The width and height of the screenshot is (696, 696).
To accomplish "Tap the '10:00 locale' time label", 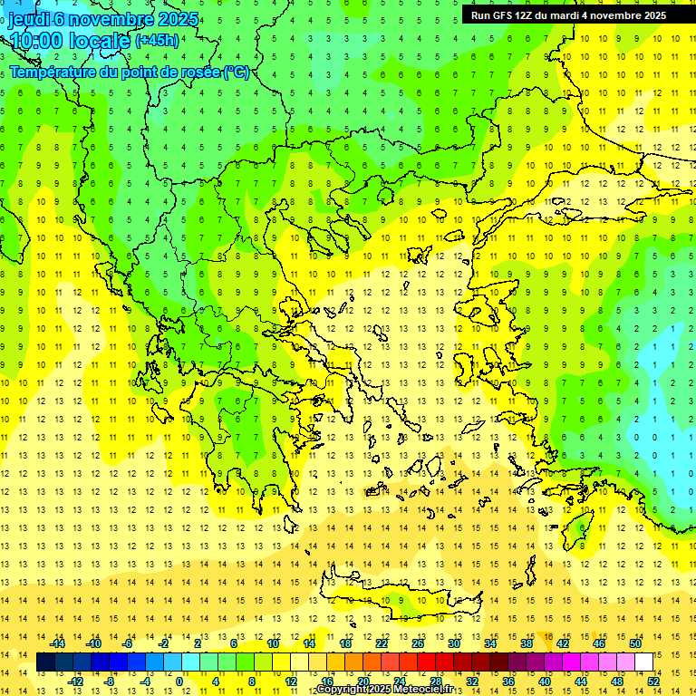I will click(69, 41).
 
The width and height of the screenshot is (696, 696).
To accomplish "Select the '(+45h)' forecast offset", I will click(157, 41).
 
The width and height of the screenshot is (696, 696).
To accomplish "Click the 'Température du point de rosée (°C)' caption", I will click(129, 72).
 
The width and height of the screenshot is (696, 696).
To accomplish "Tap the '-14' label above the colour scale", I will click(59, 643).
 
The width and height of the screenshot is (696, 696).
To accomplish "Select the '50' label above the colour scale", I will click(634, 643).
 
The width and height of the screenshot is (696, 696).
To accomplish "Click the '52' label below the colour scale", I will click(653, 681).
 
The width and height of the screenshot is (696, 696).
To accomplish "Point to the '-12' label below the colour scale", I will click(75, 681).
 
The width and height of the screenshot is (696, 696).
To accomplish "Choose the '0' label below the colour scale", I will click(179, 681).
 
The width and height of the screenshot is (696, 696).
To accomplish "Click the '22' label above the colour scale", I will click(382, 643).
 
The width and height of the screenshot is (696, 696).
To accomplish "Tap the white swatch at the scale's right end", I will click(643, 662).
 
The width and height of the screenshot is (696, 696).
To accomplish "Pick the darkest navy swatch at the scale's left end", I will click(45, 662).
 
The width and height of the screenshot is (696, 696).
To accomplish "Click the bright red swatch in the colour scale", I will click(426, 662).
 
